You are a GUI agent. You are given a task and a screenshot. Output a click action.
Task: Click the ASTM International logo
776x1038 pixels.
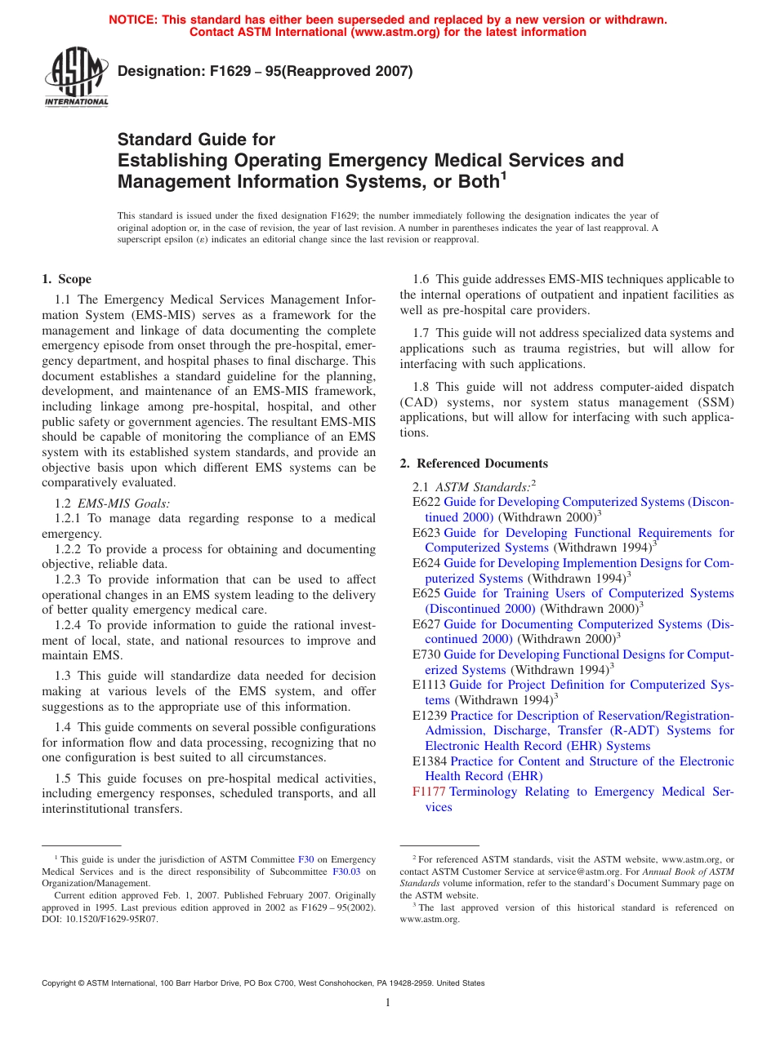(x=75, y=79)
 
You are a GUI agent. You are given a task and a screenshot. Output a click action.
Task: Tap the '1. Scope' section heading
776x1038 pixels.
(x=67, y=279)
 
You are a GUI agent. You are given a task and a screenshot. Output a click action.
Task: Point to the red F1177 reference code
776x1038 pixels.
(x=429, y=792)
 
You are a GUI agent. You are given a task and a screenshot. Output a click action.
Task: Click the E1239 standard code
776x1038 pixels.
(x=430, y=716)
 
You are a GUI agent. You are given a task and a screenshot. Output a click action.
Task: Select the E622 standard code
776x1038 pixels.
(x=426, y=502)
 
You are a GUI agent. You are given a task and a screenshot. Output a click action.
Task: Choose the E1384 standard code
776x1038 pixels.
(x=430, y=761)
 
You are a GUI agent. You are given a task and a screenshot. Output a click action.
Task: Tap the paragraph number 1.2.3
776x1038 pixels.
(x=69, y=579)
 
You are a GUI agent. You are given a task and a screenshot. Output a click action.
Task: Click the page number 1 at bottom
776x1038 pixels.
(x=388, y=1002)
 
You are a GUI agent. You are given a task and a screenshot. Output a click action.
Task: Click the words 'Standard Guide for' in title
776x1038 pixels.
(x=197, y=140)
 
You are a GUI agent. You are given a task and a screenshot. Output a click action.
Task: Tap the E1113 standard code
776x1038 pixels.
(x=430, y=685)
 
